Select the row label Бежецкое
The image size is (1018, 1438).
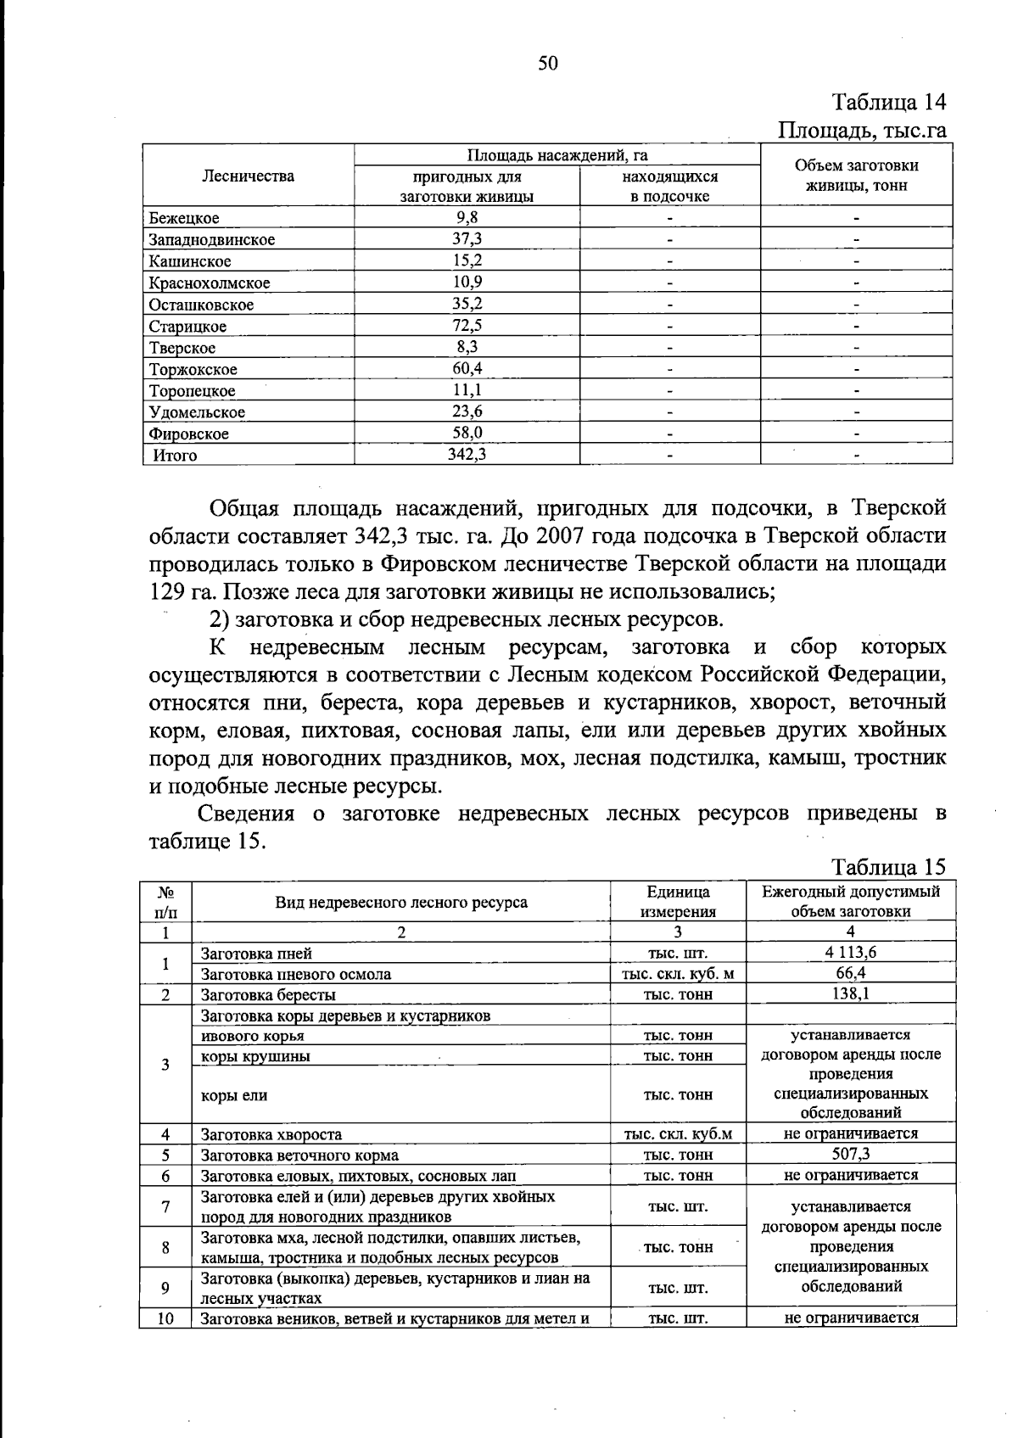click(184, 218)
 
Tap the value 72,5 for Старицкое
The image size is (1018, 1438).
click(467, 326)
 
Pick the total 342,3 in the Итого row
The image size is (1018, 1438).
click(467, 455)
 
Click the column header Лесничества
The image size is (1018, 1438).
click(248, 176)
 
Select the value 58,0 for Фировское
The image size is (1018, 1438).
click(467, 433)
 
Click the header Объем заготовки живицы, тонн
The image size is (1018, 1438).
click(856, 176)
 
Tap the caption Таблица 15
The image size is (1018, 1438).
click(888, 866)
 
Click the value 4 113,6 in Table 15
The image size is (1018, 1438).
click(851, 952)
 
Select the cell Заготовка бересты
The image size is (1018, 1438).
click(268, 994)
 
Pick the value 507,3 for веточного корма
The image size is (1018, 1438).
click(851, 1155)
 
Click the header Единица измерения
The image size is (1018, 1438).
click(678, 902)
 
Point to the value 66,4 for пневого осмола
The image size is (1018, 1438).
click(851, 973)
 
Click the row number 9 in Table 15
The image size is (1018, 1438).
click(165, 1288)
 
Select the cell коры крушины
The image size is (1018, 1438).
click(255, 1056)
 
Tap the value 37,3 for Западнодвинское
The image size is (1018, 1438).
click(467, 239)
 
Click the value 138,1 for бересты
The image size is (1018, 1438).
click(851, 993)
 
